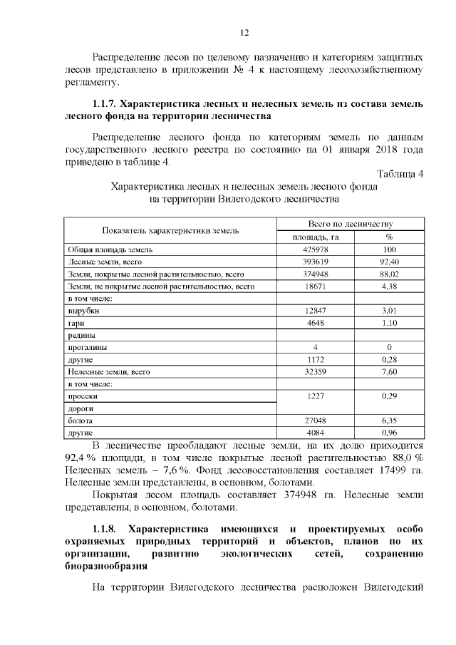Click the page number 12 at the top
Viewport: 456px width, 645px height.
244,33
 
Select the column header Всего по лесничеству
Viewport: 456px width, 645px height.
351,224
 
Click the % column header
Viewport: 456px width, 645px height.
389,237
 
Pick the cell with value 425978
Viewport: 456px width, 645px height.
315,249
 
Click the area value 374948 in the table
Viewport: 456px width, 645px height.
315,274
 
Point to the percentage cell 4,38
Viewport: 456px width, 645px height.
389,286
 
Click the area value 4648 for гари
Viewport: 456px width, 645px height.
315,323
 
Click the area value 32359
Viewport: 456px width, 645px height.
315,371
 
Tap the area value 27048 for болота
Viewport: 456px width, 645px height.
315,420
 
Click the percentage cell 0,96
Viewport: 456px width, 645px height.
389,433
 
